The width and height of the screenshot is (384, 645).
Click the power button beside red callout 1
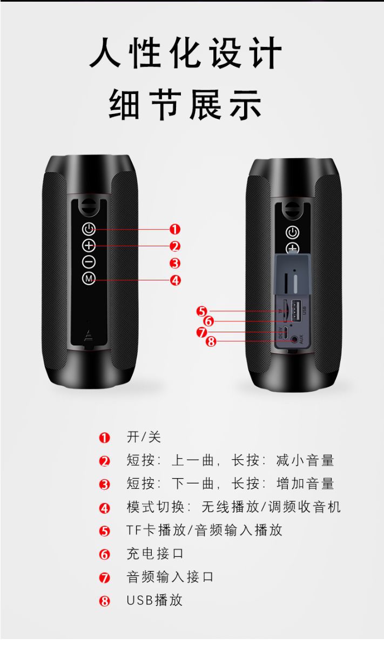tap(89, 229)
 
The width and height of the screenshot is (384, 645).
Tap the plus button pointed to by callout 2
tap(89, 246)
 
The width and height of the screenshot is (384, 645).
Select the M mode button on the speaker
tap(89, 279)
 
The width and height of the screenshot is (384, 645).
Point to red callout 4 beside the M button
tap(175, 280)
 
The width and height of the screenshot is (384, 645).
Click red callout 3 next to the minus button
tap(175, 263)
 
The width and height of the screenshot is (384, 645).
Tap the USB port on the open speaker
tap(294, 311)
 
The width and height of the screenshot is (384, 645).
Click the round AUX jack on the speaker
tap(294, 340)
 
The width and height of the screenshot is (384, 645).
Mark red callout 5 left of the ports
tap(202, 311)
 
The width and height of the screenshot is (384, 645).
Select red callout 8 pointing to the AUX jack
tap(211, 341)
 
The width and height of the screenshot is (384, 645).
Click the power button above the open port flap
tap(292, 232)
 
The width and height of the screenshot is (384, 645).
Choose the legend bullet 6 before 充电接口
tap(104, 554)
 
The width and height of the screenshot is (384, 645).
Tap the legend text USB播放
tap(154, 600)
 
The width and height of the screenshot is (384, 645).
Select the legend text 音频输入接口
tap(170, 577)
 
